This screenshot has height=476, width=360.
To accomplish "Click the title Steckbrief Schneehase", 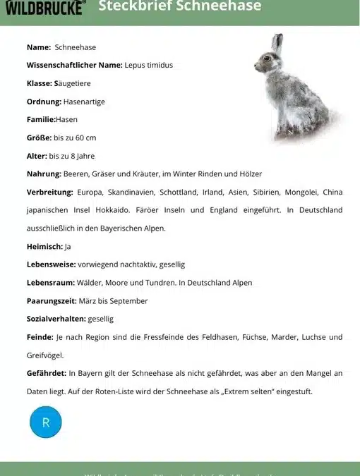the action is tap(179, 7).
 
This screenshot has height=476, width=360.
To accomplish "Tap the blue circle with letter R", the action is tap(46, 422).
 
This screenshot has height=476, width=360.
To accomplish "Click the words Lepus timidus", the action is tap(149, 65).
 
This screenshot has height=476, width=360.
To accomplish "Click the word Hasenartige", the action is tap(84, 102).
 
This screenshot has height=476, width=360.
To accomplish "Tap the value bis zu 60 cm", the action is tap(75, 138).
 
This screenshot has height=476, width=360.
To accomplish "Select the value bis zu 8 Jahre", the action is tap(71, 156).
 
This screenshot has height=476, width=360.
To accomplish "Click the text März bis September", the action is tap(108, 301).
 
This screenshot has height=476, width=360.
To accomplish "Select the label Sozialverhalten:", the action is tap(56, 319).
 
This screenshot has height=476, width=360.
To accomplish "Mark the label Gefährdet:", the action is tap(46, 373).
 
